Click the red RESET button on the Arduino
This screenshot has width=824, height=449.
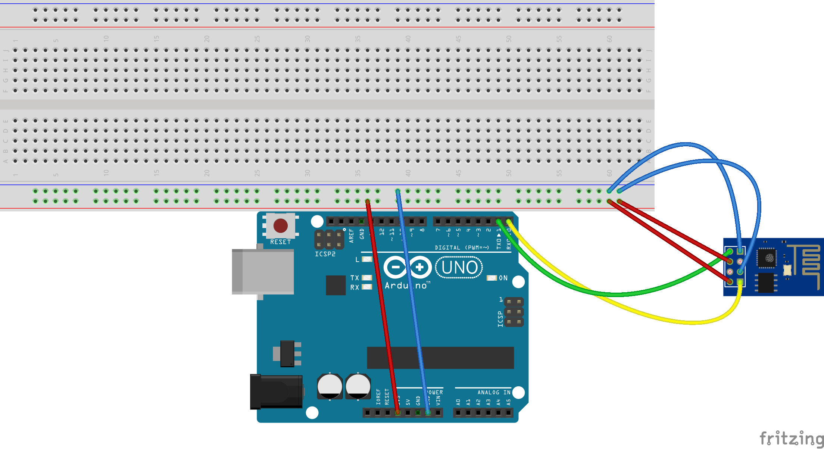click(281, 226)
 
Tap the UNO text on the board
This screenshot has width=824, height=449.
click(459, 267)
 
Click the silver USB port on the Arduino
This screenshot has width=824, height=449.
click(263, 271)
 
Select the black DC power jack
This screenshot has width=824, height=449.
click(276, 392)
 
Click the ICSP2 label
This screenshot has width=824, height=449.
click(325, 254)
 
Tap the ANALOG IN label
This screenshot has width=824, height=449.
click(494, 392)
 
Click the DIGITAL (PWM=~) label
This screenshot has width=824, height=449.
click(462, 247)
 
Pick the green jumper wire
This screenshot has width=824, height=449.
click(616, 294)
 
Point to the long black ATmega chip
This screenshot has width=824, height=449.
click(440, 358)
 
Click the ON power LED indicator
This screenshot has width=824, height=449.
click(492, 278)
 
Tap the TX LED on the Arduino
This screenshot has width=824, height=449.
click(367, 278)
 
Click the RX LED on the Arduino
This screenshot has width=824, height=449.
click(367, 287)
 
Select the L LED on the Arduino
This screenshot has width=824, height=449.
click(367, 259)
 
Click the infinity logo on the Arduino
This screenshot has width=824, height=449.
click(408, 267)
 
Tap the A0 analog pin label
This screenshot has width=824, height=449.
click(458, 402)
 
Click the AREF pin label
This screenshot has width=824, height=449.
click(351, 236)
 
